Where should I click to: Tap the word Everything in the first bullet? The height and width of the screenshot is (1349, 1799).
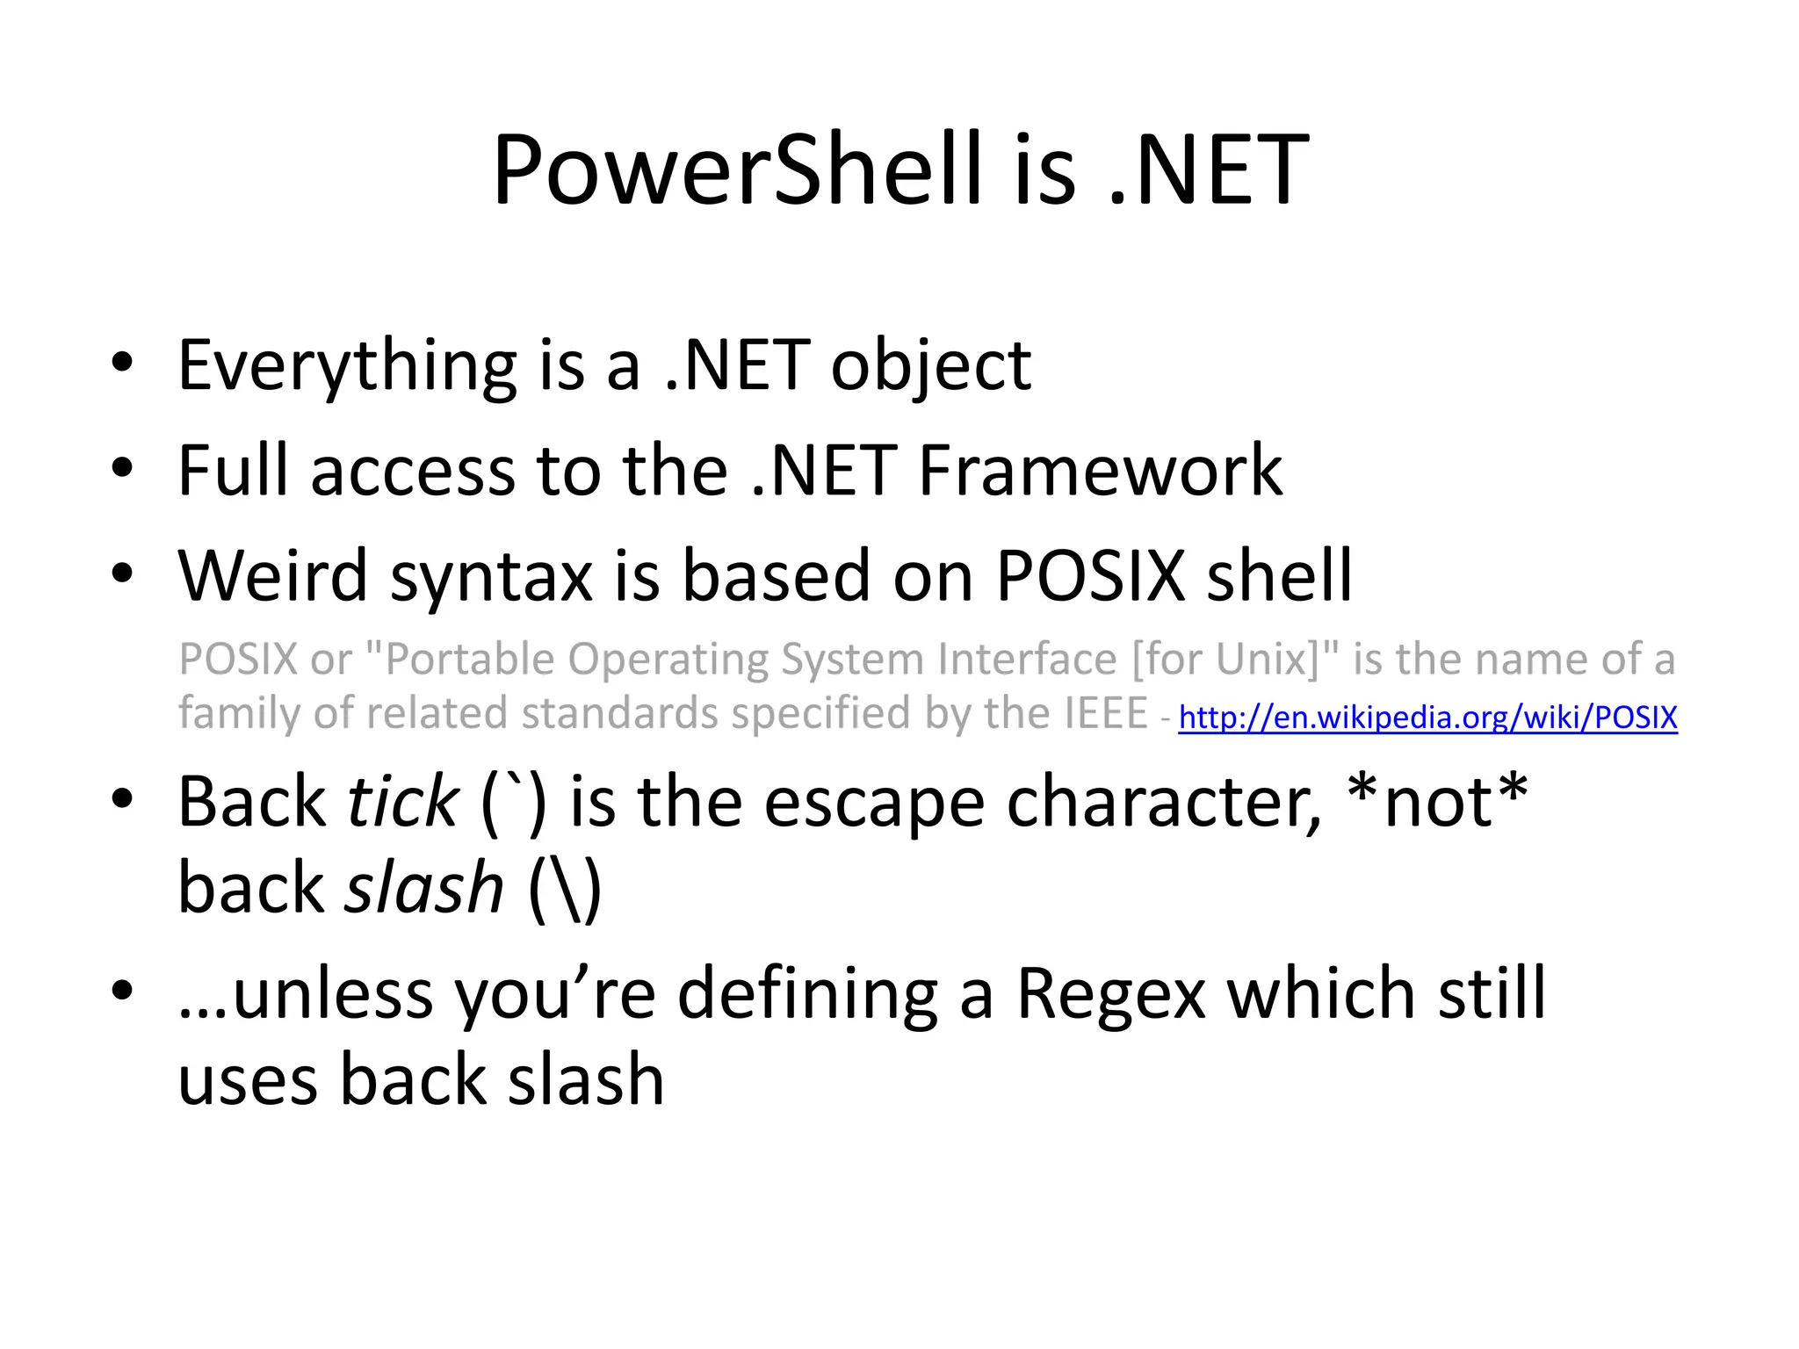pyautogui.click(x=347, y=367)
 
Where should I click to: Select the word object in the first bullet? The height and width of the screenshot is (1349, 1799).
pyautogui.click(x=930, y=367)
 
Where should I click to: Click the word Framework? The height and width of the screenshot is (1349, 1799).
pyautogui.click(x=1100, y=472)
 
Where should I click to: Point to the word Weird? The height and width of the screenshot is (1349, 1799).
pyautogui.click(x=272, y=576)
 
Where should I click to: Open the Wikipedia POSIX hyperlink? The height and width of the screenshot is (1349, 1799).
pyautogui.click(x=1427, y=718)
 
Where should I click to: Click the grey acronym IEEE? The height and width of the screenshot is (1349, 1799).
pyautogui.click(x=1105, y=713)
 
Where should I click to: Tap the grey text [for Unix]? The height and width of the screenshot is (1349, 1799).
pyautogui.click(x=1225, y=659)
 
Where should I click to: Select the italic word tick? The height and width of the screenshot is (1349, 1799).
pyautogui.click(x=402, y=802)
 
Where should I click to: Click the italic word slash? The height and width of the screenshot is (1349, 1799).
pyautogui.click(x=423, y=888)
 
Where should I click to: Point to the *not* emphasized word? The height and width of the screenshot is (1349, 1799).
pyautogui.click(x=1437, y=802)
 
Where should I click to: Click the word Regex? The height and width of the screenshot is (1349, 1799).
pyautogui.click(x=1110, y=995)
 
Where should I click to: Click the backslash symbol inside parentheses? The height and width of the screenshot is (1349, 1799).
pyautogui.click(x=566, y=889)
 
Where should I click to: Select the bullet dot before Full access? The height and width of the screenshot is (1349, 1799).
pyautogui.click(x=122, y=467)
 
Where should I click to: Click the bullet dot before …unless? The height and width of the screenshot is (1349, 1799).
pyautogui.click(x=122, y=990)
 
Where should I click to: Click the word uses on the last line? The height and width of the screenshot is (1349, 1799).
pyautogui.click(x=249, y=1080)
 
